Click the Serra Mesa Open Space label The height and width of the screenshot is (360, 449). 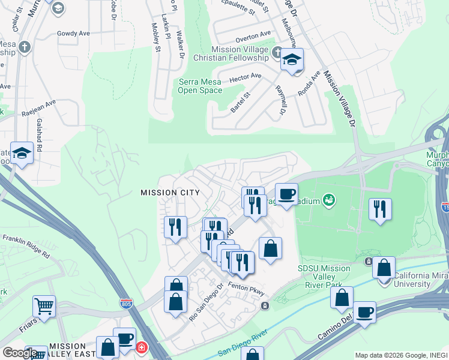click(x=200, y=86)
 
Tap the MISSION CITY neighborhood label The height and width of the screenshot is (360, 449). click(x=169, y=193)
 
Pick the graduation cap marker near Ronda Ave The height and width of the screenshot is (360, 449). click(x=292, y=60)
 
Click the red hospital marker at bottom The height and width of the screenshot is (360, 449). click(x=141, y=347)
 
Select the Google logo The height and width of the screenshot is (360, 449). click(x=20, y=353)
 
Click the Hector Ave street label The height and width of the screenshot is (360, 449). click(x=246, y=77)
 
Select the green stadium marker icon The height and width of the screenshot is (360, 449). click(x=328, y=199)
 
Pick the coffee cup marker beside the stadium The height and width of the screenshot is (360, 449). click(x=286, y=194)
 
